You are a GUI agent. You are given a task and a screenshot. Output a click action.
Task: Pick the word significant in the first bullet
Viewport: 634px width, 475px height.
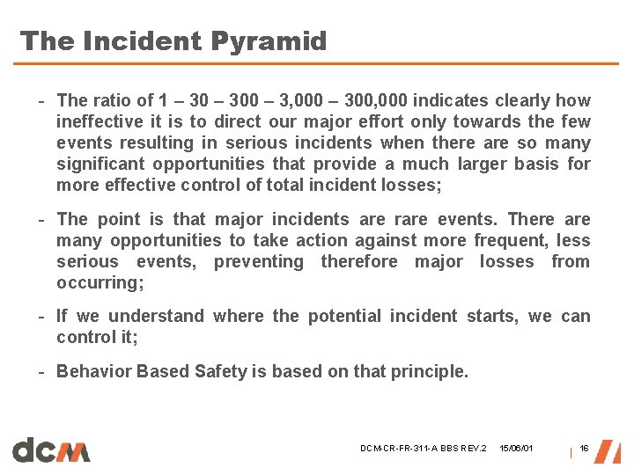point(98,164)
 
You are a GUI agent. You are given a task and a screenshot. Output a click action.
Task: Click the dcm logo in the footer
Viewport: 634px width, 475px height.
point(51,449)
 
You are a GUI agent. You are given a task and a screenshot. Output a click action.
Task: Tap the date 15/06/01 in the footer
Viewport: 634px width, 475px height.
point(516,449)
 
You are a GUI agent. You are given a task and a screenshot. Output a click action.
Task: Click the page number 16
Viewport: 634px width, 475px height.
point(584,449)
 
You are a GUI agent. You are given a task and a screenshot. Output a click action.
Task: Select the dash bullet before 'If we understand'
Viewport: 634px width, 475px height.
point(41,316)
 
